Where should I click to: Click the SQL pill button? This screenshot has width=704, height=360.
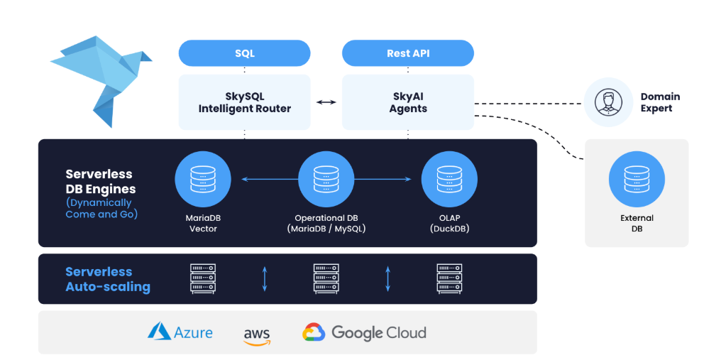click(x=244, y=53)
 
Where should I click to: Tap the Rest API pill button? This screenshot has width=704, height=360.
click(x=407, y=53)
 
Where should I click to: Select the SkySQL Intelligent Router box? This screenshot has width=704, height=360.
click(x=244, y=102)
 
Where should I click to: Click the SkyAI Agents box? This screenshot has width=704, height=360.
click(x=407, y=102)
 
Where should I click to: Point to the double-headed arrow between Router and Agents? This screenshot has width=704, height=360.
click(x=326, y=102)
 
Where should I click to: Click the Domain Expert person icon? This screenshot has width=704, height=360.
click(x=608, y=102)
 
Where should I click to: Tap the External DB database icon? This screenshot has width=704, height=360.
click(x=637, y=180)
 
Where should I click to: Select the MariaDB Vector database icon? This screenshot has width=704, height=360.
click(x=203, y=180)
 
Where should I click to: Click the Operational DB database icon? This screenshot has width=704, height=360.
click(x=326, y=180)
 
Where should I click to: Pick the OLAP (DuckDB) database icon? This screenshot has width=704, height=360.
click(x=449, y=180)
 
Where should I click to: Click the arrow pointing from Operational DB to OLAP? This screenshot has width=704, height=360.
click(x=383, y=180)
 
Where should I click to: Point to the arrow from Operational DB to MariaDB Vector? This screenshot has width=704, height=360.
click(x=270, y=180)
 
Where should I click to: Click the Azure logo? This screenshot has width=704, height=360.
click(x=180, y=332)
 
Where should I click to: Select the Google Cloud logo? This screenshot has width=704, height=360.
click(x=364, y=332)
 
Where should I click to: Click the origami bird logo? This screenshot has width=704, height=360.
click(x=101, y=82)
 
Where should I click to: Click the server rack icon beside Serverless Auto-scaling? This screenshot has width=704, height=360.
click(x=203, y=278)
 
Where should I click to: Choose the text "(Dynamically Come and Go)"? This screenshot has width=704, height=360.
click(x=101, y=208)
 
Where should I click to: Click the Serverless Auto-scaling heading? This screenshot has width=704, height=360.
click(x=108, y=279)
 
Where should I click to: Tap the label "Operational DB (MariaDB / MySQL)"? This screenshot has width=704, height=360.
click(x=326, y=224)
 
